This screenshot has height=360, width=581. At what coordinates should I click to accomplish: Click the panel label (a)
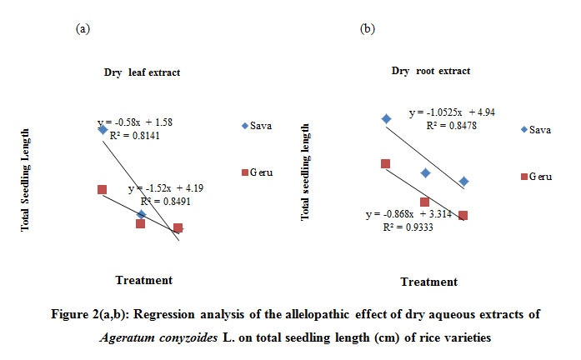click(83, 29)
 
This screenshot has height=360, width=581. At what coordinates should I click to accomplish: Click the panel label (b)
click(367, 29)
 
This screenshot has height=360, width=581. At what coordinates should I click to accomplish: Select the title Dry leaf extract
click(142, 72)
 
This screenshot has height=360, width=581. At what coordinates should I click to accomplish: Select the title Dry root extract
click(430, 71)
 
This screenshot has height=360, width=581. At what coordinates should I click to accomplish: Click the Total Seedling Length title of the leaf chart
click(26, 179)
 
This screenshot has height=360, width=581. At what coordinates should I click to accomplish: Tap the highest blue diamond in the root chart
click(385, 119)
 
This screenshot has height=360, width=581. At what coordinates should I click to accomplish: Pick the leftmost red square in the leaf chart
click(103, 190)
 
